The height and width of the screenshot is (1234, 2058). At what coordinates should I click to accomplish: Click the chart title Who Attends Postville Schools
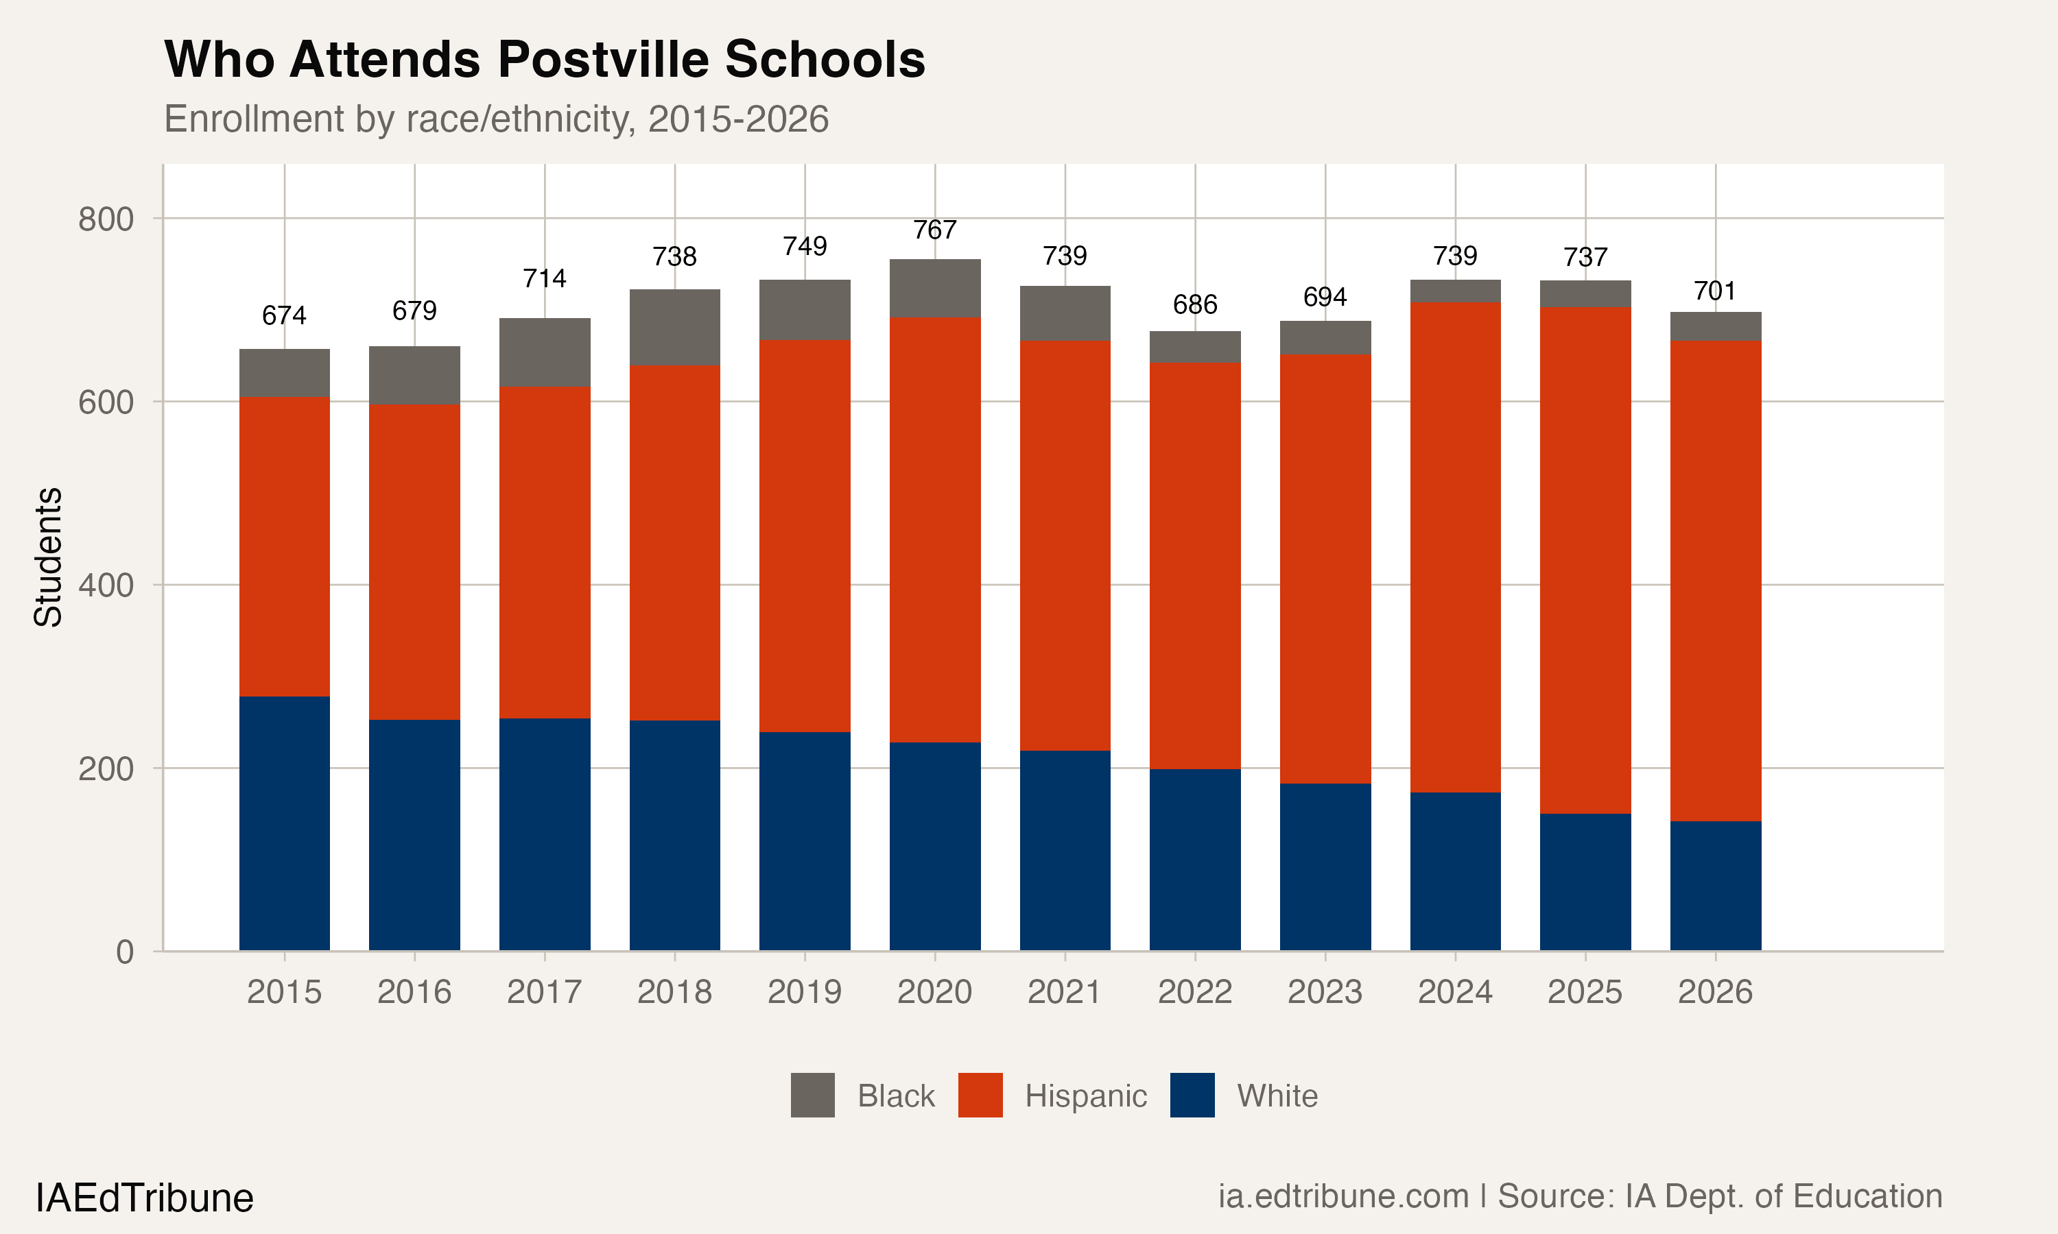[x=544, y=60]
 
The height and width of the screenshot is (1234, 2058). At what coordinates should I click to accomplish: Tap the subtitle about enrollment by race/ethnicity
[x=496, y=119]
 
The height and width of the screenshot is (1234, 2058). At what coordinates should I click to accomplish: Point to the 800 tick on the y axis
[x=106, y=219]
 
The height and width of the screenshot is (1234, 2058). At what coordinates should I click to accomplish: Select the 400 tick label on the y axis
[x=106, y=585]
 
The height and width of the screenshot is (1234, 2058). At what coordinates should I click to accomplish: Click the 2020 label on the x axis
[x=934, y=992]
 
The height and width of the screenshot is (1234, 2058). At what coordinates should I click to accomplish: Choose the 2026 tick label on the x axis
[x=1714, y=992]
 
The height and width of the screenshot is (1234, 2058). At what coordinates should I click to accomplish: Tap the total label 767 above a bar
[x=934, y=230]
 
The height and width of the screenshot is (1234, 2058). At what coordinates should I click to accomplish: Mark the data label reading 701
[x=1714, y=291]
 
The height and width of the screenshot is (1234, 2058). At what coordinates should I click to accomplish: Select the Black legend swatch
[x=812, y=1095]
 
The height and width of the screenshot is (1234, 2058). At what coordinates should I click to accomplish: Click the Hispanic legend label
[x=1085, y=1096]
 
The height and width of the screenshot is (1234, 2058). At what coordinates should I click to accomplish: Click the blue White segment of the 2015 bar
[x=285, y=823]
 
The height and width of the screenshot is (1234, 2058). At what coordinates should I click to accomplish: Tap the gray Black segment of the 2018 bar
[x=674, y=328]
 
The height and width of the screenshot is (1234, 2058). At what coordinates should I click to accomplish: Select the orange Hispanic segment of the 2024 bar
[x=1455, y=547]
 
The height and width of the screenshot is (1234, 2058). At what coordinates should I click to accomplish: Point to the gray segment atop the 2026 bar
[x=1715, y=326]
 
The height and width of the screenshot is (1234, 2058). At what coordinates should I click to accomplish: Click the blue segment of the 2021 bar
[x=1065, y=850]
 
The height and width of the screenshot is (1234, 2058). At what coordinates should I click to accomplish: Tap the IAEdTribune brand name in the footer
[x=144, y=1198]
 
